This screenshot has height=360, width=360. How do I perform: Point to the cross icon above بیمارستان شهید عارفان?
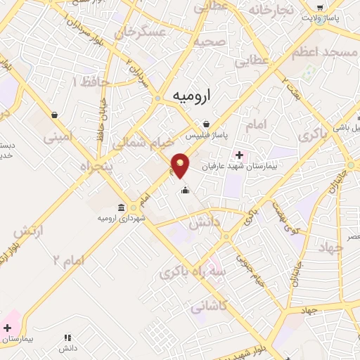(x=239, y=155)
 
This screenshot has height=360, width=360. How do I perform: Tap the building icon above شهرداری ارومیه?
(x=123, y=207)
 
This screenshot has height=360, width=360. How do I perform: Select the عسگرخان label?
(x=144, y=33)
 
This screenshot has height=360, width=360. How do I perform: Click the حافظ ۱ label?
(x=95, y=82)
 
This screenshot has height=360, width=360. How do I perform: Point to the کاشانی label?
(x=208, y=306)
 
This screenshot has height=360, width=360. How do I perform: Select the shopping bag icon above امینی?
(x=54, y=114)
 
